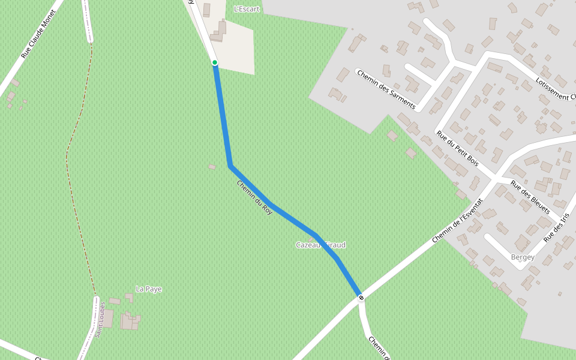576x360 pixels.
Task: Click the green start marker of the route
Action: point(215,62)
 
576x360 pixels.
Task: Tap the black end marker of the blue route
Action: point(361,298)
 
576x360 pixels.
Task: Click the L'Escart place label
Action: point(247,9)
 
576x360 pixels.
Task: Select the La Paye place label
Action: point(149,289)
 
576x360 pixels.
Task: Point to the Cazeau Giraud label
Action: point(320,245)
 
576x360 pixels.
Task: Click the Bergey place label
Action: point(523,257)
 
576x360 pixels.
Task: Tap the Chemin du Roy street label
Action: point(255,197)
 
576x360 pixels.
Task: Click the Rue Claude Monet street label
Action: point(38,34)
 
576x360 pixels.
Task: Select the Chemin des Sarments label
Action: point(386,89)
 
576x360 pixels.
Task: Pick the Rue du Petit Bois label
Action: point(457,148)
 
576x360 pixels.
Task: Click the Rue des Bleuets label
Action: point(530,197)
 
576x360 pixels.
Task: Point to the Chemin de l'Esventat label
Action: point(457,220)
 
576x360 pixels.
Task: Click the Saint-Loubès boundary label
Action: point(100,320)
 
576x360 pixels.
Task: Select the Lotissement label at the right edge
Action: point(556,88)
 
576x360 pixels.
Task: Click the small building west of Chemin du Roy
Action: point(212,167)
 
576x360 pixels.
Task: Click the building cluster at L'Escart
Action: point(218,32)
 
